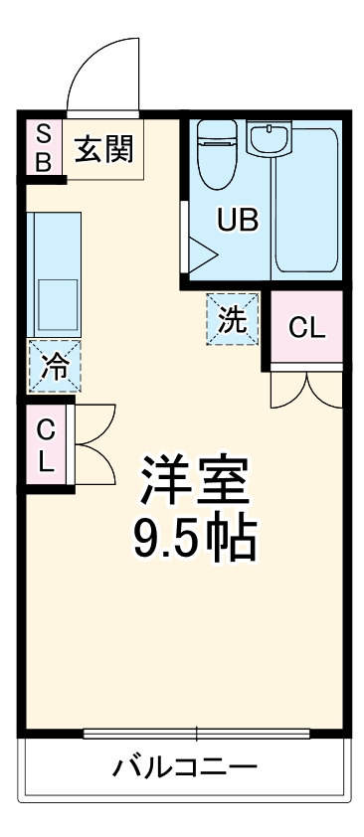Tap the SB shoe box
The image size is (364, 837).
43,148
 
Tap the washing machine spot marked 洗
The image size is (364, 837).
232,320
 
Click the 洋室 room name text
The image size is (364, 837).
194,481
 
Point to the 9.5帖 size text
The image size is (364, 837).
194,539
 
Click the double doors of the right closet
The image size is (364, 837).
306,388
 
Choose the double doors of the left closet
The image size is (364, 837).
93,446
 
